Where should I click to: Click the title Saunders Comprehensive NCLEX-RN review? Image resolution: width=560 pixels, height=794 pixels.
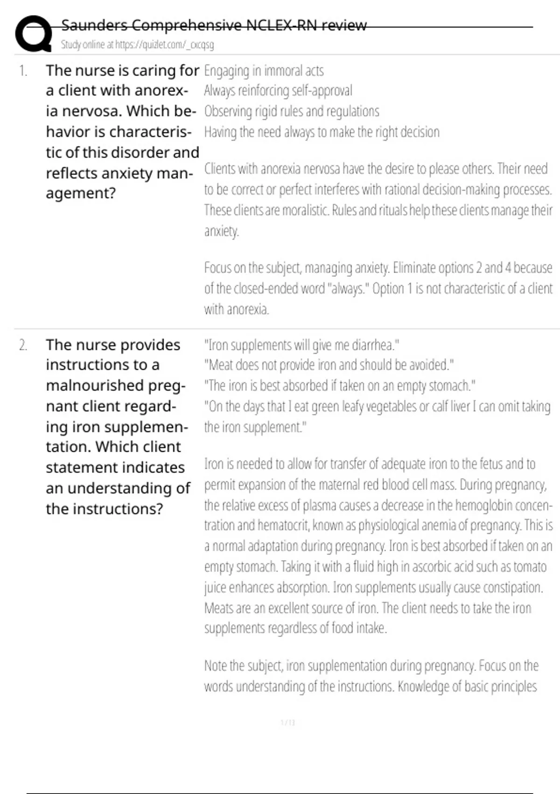click(x=214, y=25)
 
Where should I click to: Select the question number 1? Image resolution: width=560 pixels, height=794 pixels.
click(x=23, y=71)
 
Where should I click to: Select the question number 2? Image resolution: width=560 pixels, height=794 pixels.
click(x=23, y=345)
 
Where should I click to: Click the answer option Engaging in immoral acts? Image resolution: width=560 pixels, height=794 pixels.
click(x=264, y=71)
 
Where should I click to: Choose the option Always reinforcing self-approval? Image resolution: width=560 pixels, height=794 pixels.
click(x=278, y=91)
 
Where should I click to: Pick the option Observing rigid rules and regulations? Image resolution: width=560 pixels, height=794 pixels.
click(x=292, y=111)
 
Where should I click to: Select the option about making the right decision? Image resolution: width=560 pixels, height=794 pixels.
click(x=322, y=132)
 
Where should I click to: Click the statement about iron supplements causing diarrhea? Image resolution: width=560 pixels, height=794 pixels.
click(x=301, y=345)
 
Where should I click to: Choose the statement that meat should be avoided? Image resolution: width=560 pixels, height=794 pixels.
click(x=329, y=365)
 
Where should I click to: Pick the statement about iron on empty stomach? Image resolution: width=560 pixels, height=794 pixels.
click(x=340, y=386)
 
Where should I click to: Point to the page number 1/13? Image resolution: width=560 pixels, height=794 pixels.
click(x=288, y=723)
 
